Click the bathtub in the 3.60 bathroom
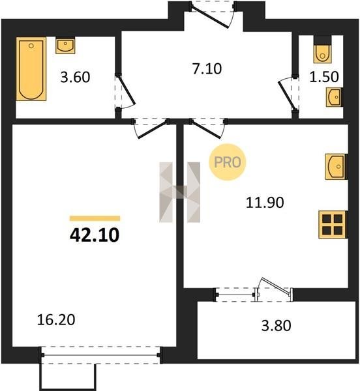(31, 69)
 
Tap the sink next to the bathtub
(65, 46)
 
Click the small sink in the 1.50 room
(335, 97)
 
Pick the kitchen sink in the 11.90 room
(336, 167)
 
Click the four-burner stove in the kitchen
(333, 224)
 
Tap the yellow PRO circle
(227, 162)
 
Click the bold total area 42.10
(95, 235)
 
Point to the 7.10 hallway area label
(207, 69)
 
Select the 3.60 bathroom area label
(75, 77)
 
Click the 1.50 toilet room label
(324, 76)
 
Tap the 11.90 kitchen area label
(265, 202)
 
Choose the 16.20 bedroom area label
(56, 320)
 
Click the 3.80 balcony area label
(276, 326)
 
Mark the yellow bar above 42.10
(95, 218)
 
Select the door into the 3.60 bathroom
(125, 92)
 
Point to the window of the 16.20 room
(101, 355)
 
